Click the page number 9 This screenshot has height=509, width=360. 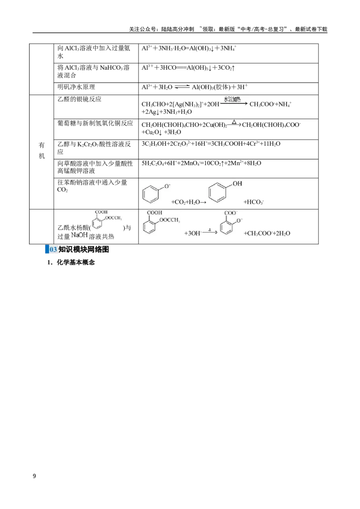click(x=35, y=476)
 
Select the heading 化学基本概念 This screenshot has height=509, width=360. click(x=76, y=262)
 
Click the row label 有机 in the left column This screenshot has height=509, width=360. click(x=41, y=151)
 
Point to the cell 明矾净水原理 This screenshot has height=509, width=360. click(x=76, y=87)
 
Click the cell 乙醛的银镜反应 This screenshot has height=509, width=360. click(x=79, y=99)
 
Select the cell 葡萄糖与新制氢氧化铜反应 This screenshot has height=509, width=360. click(x=95, y=123)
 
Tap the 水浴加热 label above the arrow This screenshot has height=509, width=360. click(x=232, y=99)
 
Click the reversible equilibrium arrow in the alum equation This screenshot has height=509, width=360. click(x=182, y=87)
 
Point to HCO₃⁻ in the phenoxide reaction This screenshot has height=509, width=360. click(x=253, y=202)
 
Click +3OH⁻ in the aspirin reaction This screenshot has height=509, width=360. click(x=193, y=233)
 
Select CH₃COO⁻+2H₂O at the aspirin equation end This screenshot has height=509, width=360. click(x=267, y=233)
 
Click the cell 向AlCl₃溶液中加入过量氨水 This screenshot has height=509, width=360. click(x=94, y=52)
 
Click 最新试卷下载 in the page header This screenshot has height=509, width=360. click(x=311, y=29)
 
